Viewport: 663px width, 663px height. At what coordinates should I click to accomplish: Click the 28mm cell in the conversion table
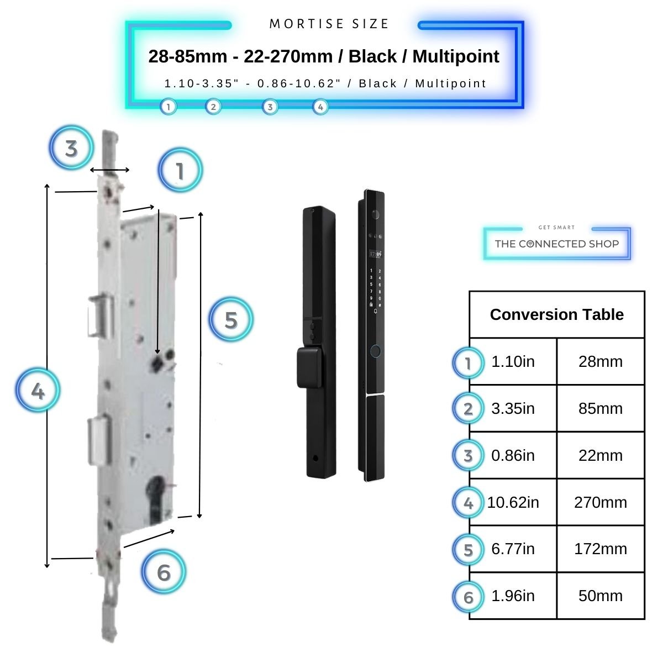pyautogui.click(x=601, y=362)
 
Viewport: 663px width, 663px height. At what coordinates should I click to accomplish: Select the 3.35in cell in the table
pyautogui.click(x=513, y=409)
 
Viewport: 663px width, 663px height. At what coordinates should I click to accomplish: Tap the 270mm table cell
pyautogui.click(x=601, y=502)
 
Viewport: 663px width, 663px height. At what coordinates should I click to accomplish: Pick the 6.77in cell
pyautogui.click(x=513, y=549)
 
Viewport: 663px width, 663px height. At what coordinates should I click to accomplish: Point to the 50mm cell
pyautogui.click(x=601, y=596)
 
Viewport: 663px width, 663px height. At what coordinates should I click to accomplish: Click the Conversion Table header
pyautogui.click(x=556, y=314)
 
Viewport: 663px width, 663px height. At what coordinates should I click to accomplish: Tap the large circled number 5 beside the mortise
pyautogui.click(x=231, y=319)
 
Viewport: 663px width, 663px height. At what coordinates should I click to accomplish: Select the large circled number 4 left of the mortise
pyautogui.click(x=38, y=391)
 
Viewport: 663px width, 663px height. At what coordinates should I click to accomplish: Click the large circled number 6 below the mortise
pyautogui.click(x=164, y=572)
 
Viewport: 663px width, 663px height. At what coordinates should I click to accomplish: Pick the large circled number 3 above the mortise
pyautogui.click(x=71, y=148)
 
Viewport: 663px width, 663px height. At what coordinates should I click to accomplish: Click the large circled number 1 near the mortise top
pyautogui.click(x=180, y=171)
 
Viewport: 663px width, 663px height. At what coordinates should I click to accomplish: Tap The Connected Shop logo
pyautogui.click(x=556, y=243)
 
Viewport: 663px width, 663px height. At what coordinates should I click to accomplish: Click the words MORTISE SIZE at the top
pyautogui.click(x=329, y=24)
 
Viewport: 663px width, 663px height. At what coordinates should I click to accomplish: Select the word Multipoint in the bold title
pyautogui.click(x=456, y=56)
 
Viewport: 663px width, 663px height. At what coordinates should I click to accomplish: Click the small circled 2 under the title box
pyautogui.click(x=213, y=107)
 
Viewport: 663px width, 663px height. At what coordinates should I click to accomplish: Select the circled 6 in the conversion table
pyautogui.click(x=469, y=597)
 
